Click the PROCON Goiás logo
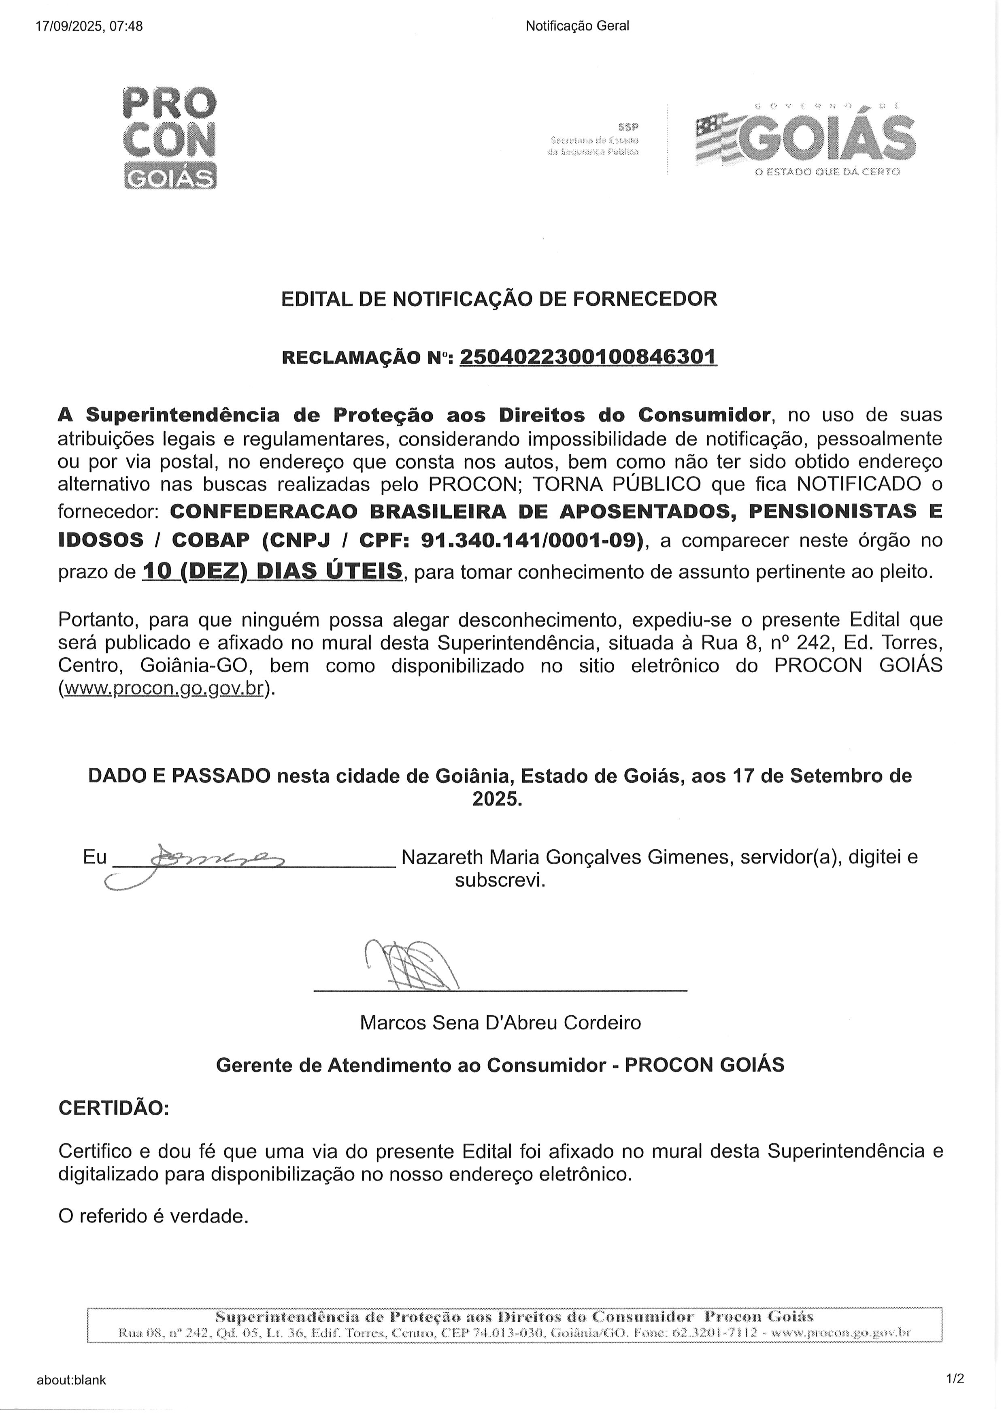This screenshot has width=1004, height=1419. pos(170,137)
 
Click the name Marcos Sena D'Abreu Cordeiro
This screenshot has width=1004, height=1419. pos(500,1023)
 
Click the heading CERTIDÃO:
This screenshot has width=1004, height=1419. pos(113,1107)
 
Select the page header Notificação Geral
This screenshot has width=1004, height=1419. pos(577,26)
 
